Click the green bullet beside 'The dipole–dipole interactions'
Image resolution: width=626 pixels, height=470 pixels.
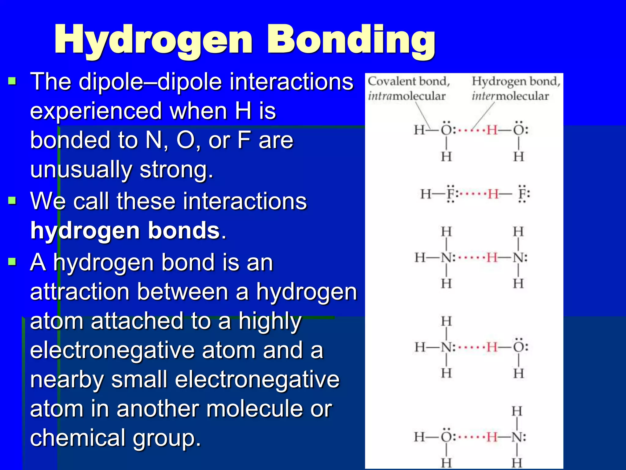coord(12,81)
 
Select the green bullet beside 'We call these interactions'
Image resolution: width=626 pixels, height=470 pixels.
coord(12,201)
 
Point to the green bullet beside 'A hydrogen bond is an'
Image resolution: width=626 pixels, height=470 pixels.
coord(12,262)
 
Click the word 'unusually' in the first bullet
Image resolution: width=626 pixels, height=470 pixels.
coord(81,170)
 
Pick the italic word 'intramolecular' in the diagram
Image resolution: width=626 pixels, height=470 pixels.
coord(407,96)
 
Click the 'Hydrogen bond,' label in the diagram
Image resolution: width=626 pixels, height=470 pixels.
coord(516,81)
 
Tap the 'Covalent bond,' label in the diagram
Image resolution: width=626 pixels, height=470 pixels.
coord(409,81)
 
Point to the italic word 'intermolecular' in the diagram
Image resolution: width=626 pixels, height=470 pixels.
coord(510,96)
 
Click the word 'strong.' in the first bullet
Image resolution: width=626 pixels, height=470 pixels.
coord(176,170)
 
